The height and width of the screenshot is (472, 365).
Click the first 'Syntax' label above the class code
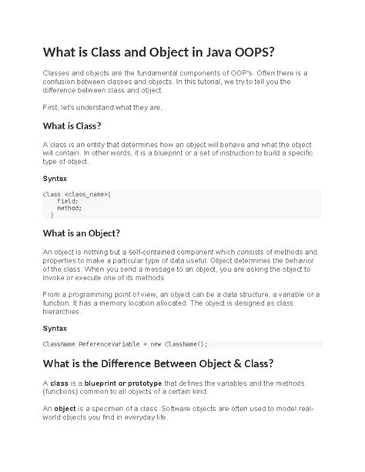pyautogui.click(x=55, y=179)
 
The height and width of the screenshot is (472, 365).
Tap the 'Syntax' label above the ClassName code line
pyautogui.click(x=55, y=327)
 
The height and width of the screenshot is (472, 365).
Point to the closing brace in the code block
pyautogui.click(x=52, y=216)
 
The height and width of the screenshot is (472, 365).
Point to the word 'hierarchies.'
pyautogui.click(x=62, y=313)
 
